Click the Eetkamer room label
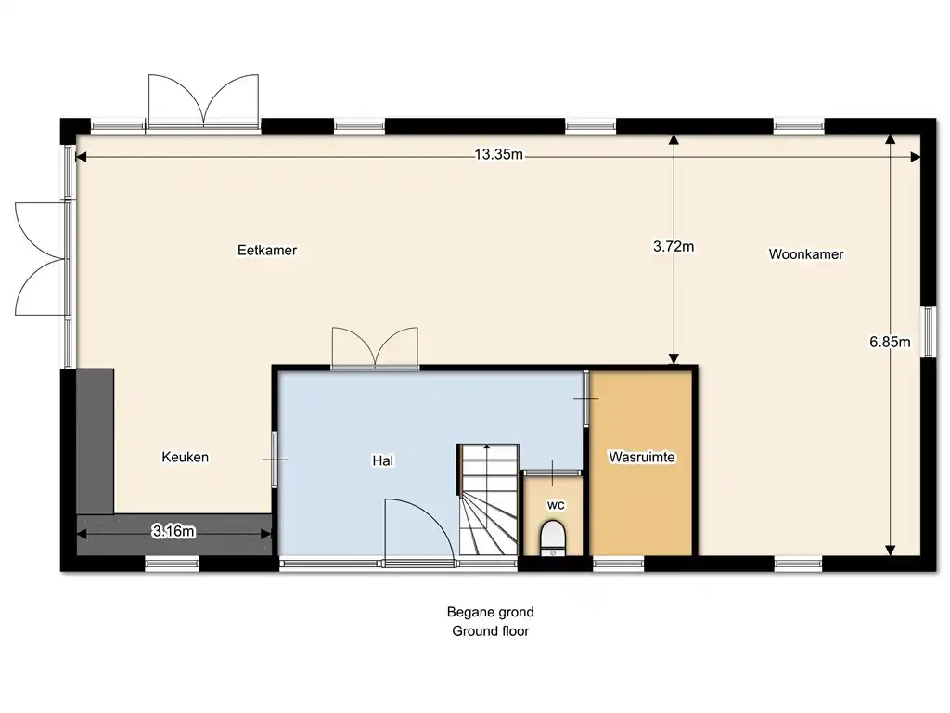[x=266, y=250]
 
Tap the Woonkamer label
[x=806, y=254]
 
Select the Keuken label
[x=185, y=457]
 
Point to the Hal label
[x=383, y=460]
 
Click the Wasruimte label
[x=642, y=457]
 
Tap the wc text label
[x=556, y=504]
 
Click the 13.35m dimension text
[x=498, y=154]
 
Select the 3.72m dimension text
[x=674, y=246]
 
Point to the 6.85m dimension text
[x=890, y=342]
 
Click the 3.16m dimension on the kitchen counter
[x=173, y=531]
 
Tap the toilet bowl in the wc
[x=553, y=536]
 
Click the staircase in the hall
[x=488, y=499]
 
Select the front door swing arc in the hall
[x=435, y=514]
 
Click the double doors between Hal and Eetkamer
[x=375, y=348]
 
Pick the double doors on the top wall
[x=204, y=100]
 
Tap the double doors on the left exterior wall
[x=41, y=259]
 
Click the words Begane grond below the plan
[x=490, y=612]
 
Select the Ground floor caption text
[x=490, y=630]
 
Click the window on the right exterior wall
[x=928, y=331]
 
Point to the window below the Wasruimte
[x=618, y=564]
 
